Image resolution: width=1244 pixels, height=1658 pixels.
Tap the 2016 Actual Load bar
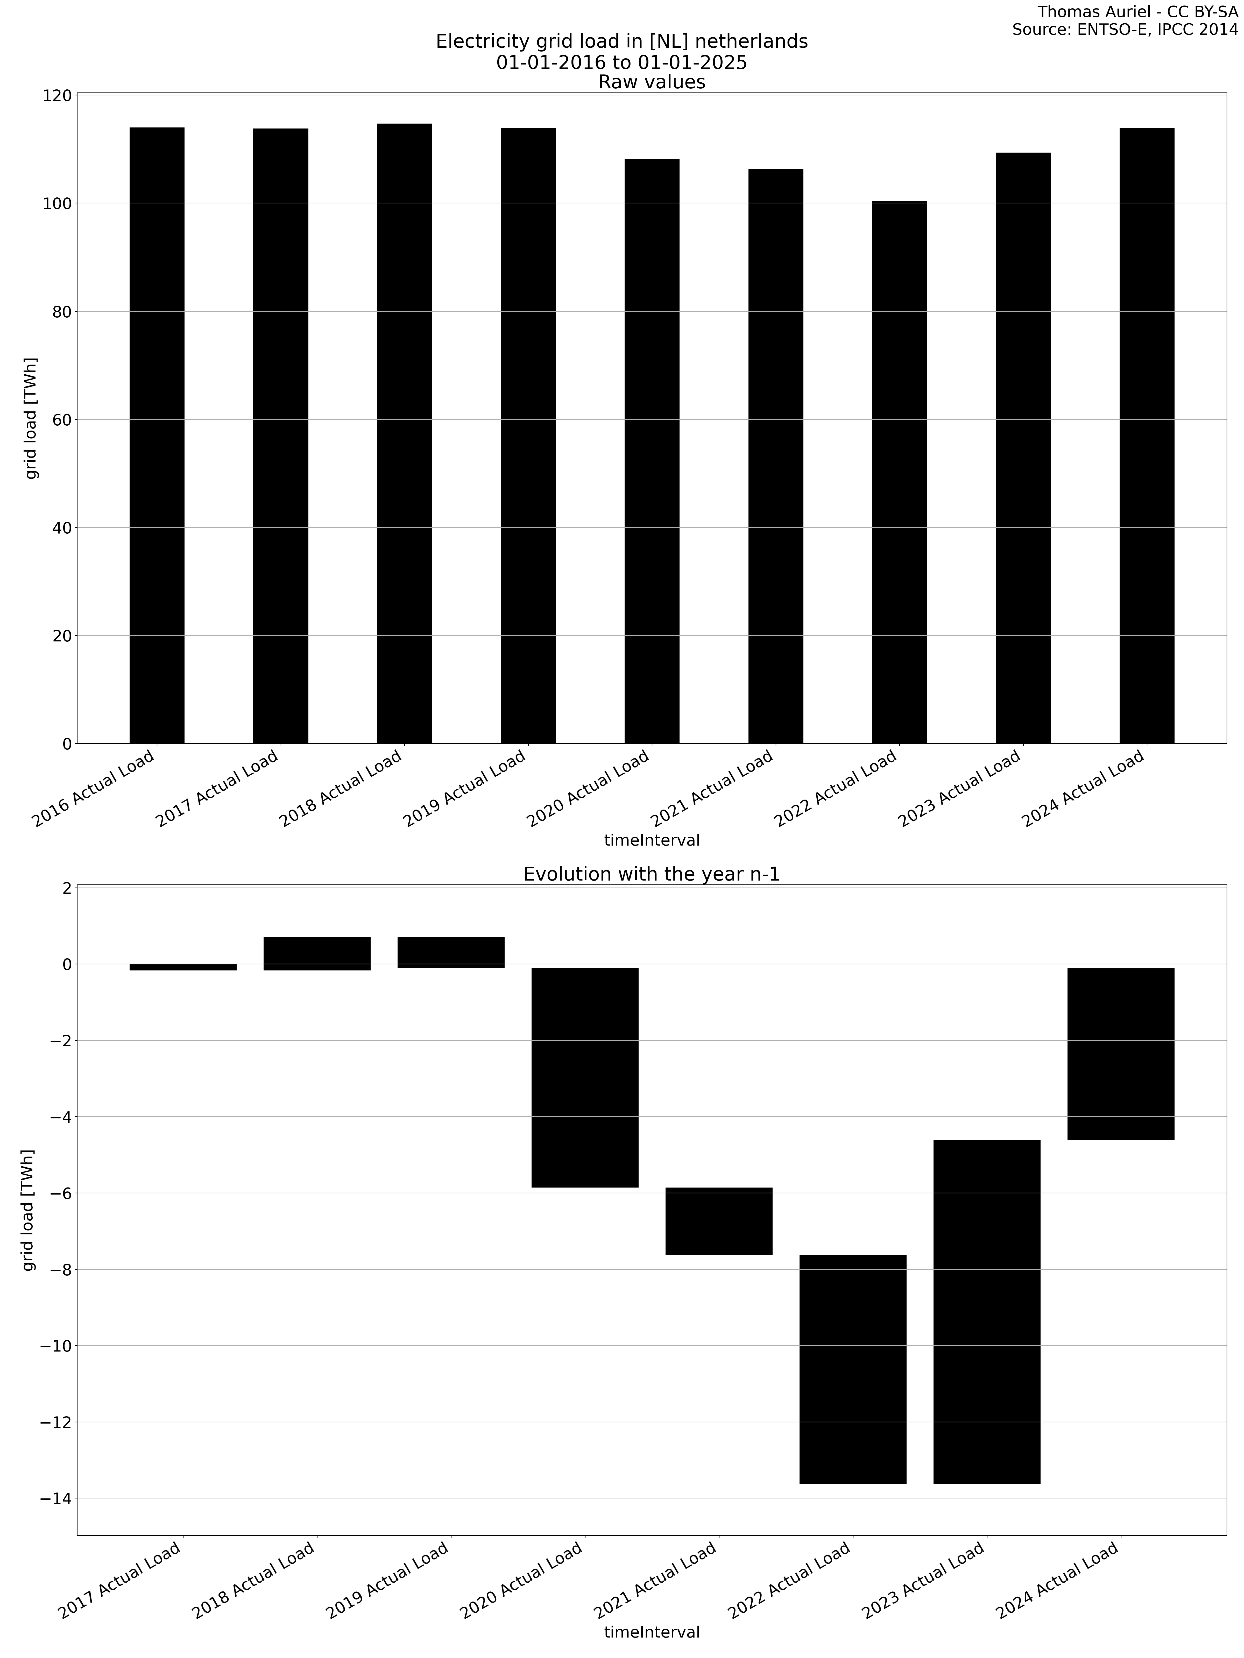coord(157,435)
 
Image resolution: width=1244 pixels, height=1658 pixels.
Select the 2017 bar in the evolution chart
coord(183,967)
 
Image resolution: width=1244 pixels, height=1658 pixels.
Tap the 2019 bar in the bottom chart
coord(451,952)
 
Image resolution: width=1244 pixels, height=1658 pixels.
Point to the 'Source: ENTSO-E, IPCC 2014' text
coord(1125,30)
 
